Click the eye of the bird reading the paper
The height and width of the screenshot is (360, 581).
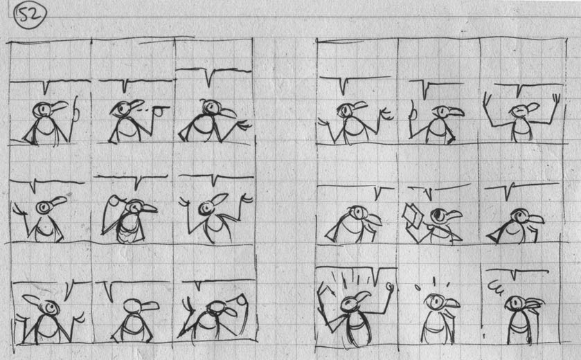coord(438,215)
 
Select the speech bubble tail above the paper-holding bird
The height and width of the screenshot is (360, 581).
coord(429,193)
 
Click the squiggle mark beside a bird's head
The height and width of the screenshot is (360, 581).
coord(495,287)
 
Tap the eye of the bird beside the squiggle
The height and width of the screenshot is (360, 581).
coord(515,304)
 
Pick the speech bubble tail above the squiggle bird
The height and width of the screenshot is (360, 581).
coord(514,275)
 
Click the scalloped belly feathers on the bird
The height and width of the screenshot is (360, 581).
coord(129,234)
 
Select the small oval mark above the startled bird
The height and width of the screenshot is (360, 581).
coord(418,287)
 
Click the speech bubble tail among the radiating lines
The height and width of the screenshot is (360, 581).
coord(377,278)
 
